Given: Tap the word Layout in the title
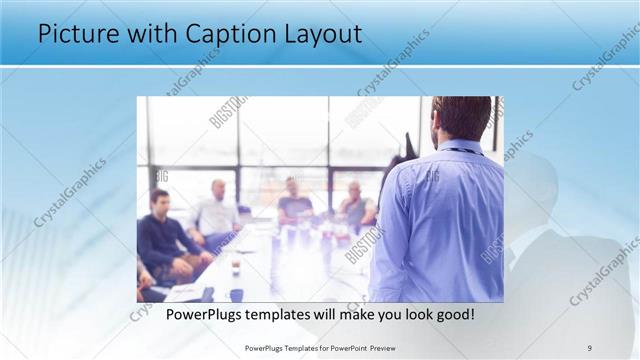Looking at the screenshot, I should tap(319, 34).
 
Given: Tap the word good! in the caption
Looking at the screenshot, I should tap(454, 314).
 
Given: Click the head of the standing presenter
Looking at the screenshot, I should tap(462, 117).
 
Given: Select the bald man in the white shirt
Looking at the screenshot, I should tap(216, 210).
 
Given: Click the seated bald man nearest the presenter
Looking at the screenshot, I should tap(356, 204).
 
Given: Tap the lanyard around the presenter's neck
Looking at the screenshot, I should tap(462, 151).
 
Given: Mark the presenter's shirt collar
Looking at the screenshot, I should tap(460, 146).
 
